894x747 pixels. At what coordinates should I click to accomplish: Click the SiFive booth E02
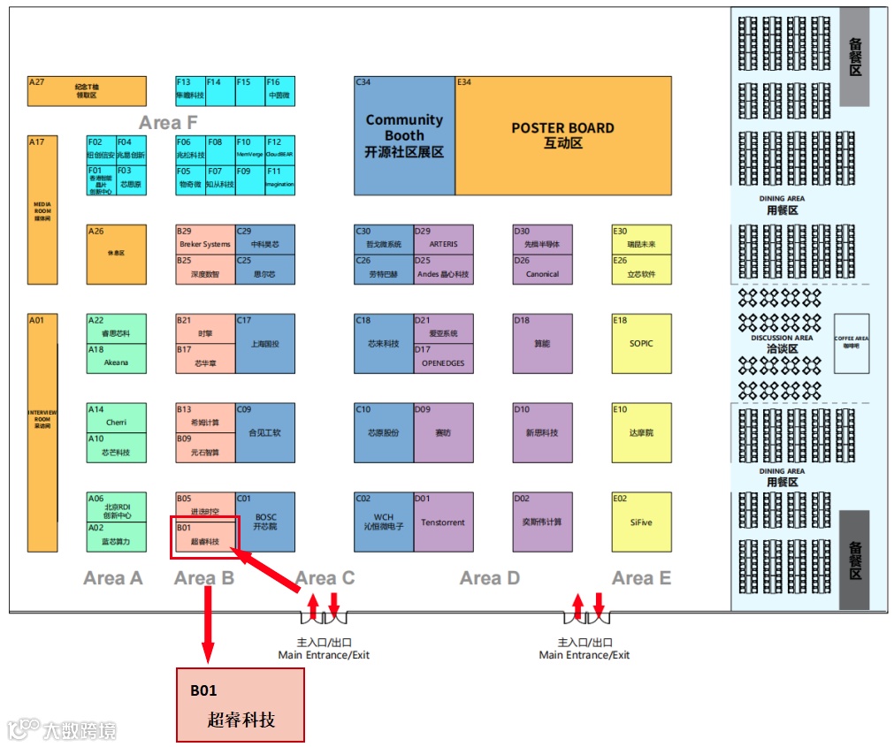click(641, 522)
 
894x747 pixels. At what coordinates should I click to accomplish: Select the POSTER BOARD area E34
click(562, 135)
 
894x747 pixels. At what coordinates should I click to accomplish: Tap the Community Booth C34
click(404, 135)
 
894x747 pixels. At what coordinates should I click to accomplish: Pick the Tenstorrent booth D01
click(443, 522)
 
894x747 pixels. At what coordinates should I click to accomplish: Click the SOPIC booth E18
click(641, 343)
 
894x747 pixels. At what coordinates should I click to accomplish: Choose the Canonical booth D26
click(542, 270)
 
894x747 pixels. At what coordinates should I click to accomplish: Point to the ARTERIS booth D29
click(443, 240)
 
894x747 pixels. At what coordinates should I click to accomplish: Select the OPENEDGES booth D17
click(443, 358)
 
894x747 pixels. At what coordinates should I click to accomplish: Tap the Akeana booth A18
click(116, 358)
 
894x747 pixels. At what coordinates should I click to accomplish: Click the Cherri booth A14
click(116, 418)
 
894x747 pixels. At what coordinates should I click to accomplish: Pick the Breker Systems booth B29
click(205, 240)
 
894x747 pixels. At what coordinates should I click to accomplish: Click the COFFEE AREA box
click(852, 343)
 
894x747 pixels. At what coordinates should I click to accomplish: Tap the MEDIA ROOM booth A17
click(42, 210)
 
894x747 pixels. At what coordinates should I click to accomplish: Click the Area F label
click(168, 123)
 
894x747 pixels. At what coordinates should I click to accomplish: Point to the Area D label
click(490, 578)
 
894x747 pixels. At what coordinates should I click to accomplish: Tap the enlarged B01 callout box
click(241, 705)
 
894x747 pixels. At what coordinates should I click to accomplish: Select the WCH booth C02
click(384, 522)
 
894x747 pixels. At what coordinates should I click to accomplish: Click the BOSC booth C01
click(265, 522)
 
